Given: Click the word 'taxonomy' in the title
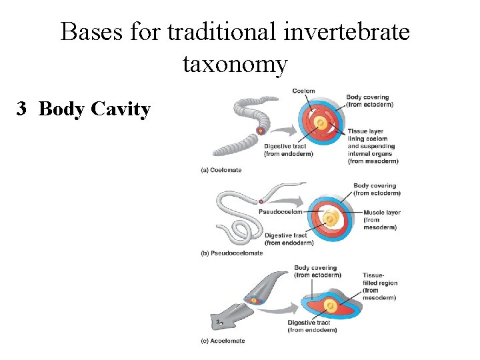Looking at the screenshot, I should [x=235, y=65].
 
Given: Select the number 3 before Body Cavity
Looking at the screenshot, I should [x=23, y=109].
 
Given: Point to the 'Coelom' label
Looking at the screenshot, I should [x=303, y=91].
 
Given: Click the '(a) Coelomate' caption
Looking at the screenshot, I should [x=221, y=170].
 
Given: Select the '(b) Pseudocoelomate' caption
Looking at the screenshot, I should [x=231, y=253].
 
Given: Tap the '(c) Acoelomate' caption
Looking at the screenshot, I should [x=223, y=341].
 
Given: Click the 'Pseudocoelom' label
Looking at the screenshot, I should [x=280, y=212].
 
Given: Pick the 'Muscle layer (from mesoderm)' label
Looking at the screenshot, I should [x=382, y=220].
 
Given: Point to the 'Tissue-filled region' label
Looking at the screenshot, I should [x=380, y=283].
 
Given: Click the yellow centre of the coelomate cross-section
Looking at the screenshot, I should [x=320, y=123].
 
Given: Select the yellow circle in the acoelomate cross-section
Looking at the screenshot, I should [x=330, y=306].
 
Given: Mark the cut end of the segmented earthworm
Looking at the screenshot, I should [x=261, y=131].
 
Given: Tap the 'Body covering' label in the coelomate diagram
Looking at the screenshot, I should [x=369, y=101].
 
